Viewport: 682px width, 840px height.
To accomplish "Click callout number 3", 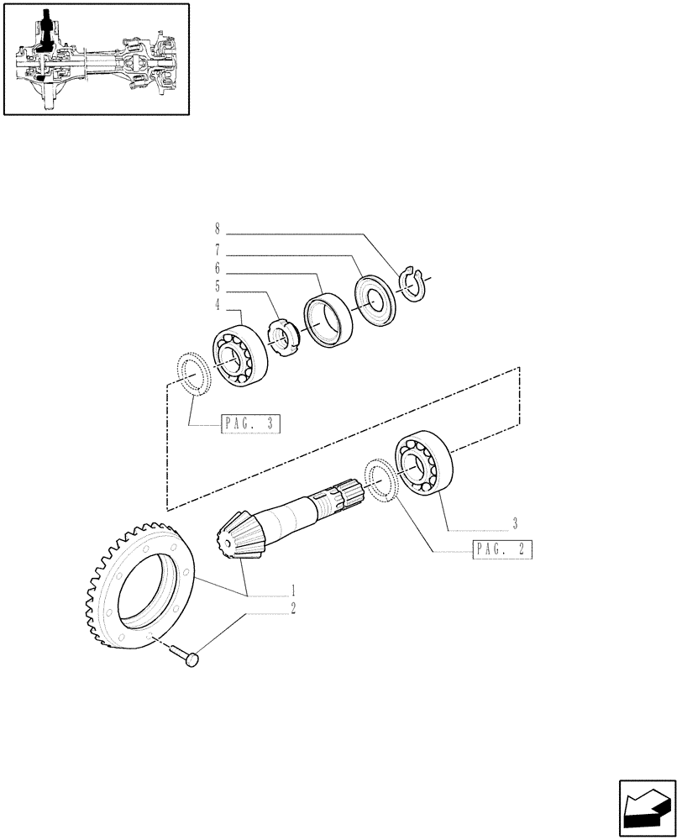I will point(514,522).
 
